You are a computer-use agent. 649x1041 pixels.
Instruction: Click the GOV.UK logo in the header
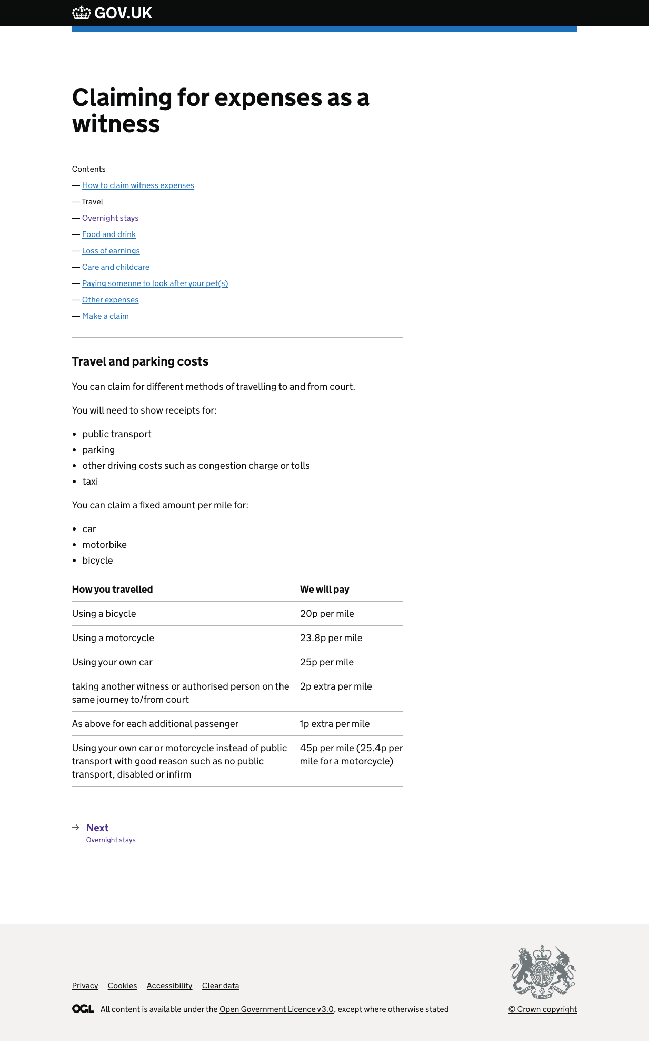(112, 13)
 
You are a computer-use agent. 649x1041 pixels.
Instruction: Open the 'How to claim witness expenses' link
(138, 185)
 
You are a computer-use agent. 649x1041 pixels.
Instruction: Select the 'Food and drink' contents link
(109, 234)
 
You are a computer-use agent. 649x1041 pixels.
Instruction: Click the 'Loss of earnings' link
(111, 251)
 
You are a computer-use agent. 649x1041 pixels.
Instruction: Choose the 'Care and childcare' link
(116, 267)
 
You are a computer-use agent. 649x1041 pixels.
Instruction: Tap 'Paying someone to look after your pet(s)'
(155, 283)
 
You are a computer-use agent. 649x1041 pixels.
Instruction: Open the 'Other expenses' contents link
(110, 300)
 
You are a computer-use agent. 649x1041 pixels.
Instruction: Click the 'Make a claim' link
(105, 316)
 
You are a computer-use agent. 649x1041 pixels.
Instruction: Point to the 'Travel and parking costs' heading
(140, 361)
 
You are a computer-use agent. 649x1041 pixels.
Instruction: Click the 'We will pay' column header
(325, 590)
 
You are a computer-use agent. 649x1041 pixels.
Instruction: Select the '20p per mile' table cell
(327, 614)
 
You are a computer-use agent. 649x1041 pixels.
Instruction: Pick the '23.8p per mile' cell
(331, 638)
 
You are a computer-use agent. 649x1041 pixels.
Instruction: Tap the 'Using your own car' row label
(112, 662)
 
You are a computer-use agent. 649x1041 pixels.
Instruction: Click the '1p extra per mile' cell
(335, 724)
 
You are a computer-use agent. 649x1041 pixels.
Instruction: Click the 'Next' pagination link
(97, 828)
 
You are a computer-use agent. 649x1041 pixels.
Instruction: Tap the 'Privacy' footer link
(85, 986)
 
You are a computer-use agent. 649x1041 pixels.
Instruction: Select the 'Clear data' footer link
(221, 986)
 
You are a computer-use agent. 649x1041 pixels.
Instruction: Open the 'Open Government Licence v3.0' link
(276, 1009)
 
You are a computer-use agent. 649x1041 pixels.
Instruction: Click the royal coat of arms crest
(543, 972)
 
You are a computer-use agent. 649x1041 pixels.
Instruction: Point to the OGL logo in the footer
(83, 1009)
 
